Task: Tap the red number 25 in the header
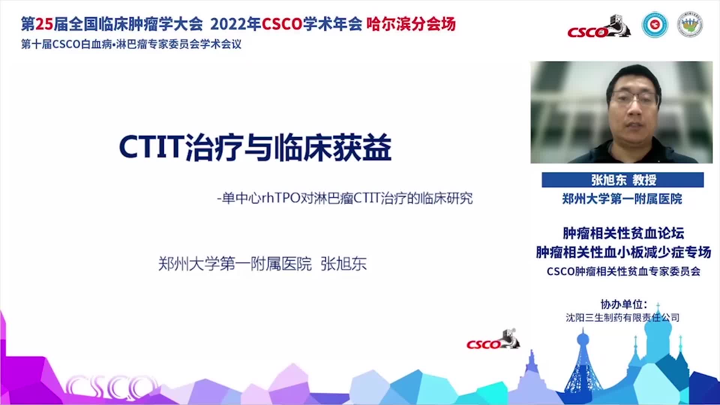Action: click(x=44, y=24)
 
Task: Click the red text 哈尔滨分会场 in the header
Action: click(x=411, y=24)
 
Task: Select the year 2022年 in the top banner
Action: click(x=235, y=24)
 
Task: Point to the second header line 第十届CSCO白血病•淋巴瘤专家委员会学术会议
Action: click(x=131, y=44)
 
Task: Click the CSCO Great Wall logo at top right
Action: click(x=599, y=26)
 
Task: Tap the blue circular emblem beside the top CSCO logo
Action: click(x=655, y=25)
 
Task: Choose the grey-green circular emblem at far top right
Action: click(x=690, y=25)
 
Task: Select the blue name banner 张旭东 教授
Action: click(x=622, y=180)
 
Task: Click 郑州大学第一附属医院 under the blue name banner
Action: click(x=622, y=199)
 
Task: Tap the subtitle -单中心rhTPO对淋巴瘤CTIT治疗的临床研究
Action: click(x=345, y=198)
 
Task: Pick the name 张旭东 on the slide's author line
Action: click(x=343, y=264)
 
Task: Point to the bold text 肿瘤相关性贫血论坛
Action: click(x=623, y=233)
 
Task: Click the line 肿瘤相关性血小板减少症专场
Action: click(x=623, y=252)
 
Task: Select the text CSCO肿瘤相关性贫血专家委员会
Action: click(x=623, y=271)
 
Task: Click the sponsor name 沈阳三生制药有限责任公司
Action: click(x=622, y=318)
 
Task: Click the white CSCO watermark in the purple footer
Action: click(x=111, y=387)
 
